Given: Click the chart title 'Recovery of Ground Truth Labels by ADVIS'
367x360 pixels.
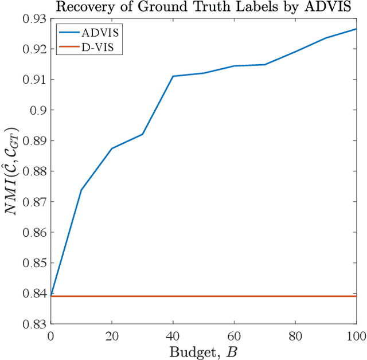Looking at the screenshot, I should pos(203,7).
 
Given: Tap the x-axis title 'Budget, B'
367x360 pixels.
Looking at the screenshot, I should pos(203,351).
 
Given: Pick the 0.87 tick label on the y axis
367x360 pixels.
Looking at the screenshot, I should pos(33,202).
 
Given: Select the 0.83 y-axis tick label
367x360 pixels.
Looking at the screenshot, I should pos(33,324).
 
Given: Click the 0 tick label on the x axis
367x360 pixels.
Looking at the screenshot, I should pos(50,335).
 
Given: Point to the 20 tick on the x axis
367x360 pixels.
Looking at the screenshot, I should pos(112,335).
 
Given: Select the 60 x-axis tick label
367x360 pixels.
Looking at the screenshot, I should pos(234,335).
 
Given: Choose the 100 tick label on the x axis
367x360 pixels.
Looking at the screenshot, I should pos(354,335).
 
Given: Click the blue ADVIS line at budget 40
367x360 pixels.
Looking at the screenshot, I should pos(173,76).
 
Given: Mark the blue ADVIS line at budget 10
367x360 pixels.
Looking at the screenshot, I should pos(81,190).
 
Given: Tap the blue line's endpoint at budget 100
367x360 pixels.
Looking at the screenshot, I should pos(356,29).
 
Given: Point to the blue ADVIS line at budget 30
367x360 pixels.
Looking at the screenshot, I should pos(142,134).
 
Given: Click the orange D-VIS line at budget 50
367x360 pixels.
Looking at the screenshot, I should pos(204,296).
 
